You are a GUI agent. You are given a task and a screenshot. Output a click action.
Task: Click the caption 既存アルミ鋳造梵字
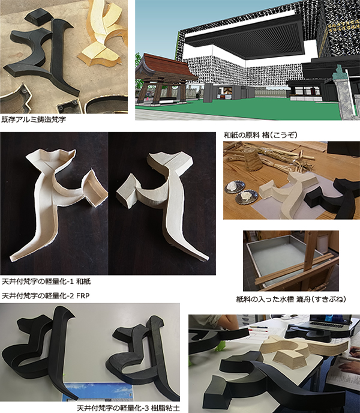[x=34, y=119]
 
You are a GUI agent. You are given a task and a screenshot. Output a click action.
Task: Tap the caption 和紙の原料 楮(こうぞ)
[x=260, y=135]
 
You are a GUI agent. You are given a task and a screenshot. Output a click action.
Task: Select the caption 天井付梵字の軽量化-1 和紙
[x=46, y=282]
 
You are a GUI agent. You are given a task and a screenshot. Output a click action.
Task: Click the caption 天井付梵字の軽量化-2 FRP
[x=46, y=296]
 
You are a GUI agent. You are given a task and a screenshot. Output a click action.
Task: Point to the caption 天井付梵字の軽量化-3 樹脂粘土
[x=128, y=408]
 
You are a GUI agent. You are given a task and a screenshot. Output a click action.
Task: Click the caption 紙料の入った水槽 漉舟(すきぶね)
[x=291, y=299]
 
